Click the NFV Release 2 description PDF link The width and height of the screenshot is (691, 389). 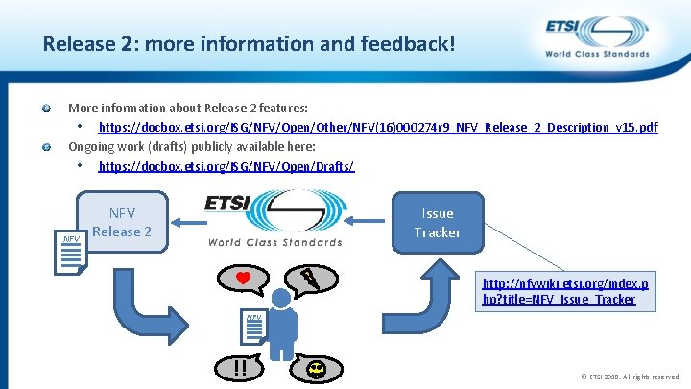pos(378,127)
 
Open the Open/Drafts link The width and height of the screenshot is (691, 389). pos(226,166)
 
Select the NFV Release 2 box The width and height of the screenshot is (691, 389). pos(122,222)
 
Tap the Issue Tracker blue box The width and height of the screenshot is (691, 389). pos(438,223)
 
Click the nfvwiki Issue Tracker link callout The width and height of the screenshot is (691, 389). pos(560,291)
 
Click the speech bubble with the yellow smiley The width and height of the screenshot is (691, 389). pos(316,367)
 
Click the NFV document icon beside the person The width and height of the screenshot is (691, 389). pos(254,327)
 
